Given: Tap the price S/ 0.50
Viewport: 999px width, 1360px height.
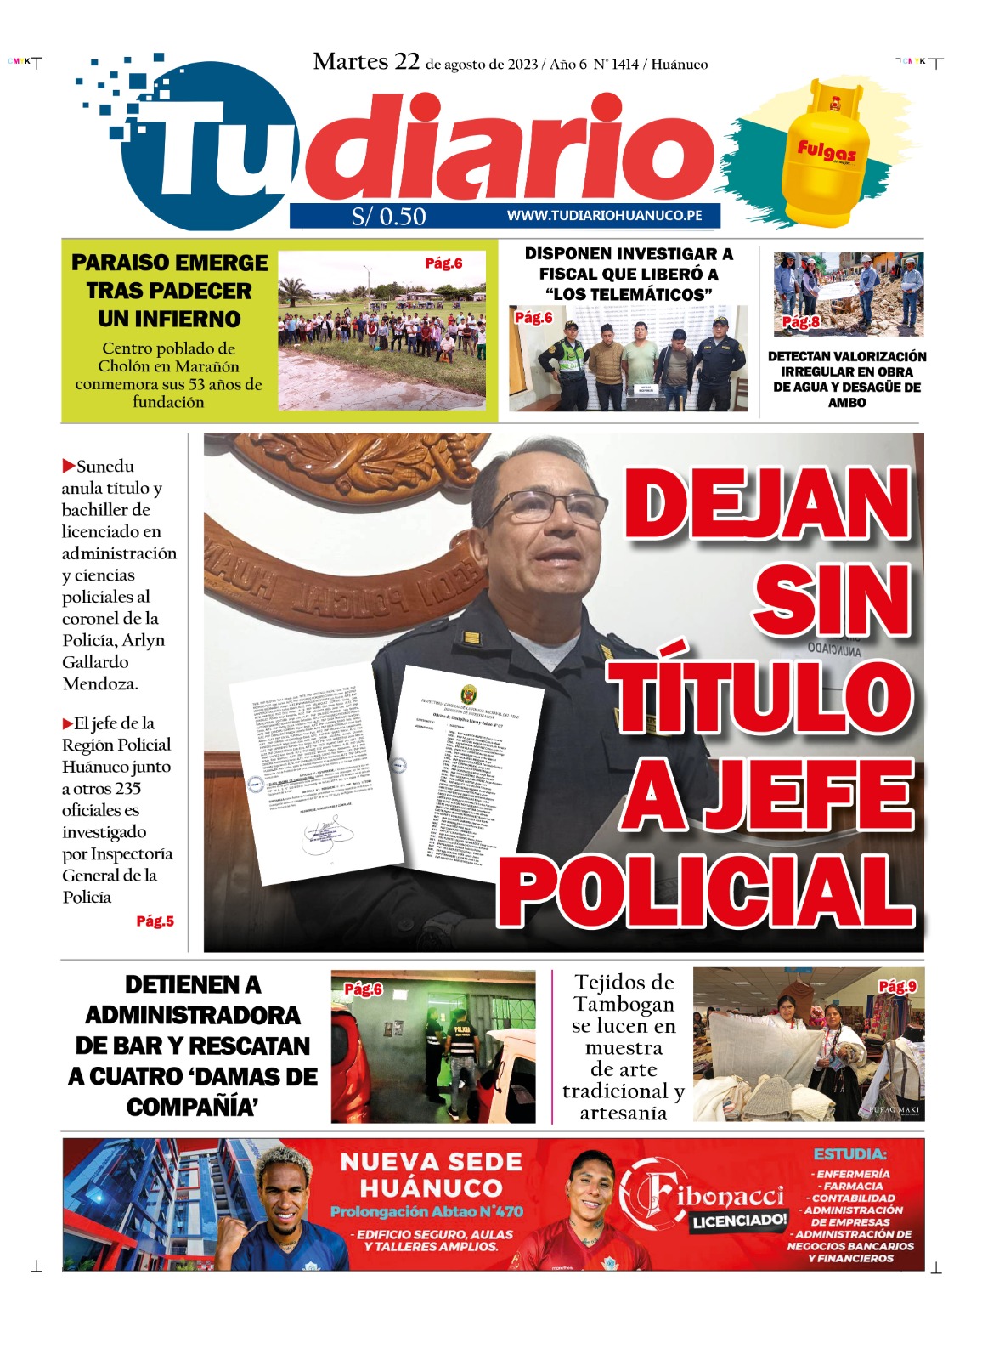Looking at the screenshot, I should [x=389, y=217].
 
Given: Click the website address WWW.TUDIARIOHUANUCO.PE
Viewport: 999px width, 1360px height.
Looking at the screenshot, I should [x=604, y=216].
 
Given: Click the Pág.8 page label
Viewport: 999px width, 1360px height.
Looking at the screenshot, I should [x=801, y=322].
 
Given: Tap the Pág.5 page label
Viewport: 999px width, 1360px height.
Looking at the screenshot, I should [x=155, y=921].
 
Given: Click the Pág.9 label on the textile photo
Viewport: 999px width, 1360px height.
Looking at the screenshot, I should [x=897, y=987].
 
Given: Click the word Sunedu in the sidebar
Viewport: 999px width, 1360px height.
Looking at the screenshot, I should [x=105, y=467].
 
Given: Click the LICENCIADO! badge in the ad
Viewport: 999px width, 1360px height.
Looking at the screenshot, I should [x=739, y=1221].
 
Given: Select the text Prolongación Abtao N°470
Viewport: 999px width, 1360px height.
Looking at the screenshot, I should [x=426, y=1212].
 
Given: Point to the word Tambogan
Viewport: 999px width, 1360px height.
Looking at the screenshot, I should [x=624, y=1005].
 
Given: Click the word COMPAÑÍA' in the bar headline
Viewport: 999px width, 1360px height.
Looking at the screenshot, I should [x=192, y=1108].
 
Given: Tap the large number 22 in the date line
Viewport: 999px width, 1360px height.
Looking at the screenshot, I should [x=407, y=61].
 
